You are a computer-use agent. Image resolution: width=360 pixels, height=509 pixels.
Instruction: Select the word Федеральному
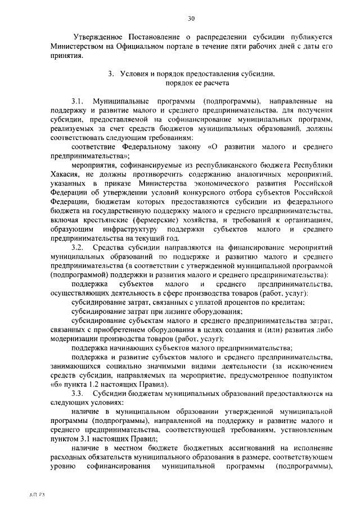[x=146, y=147]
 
